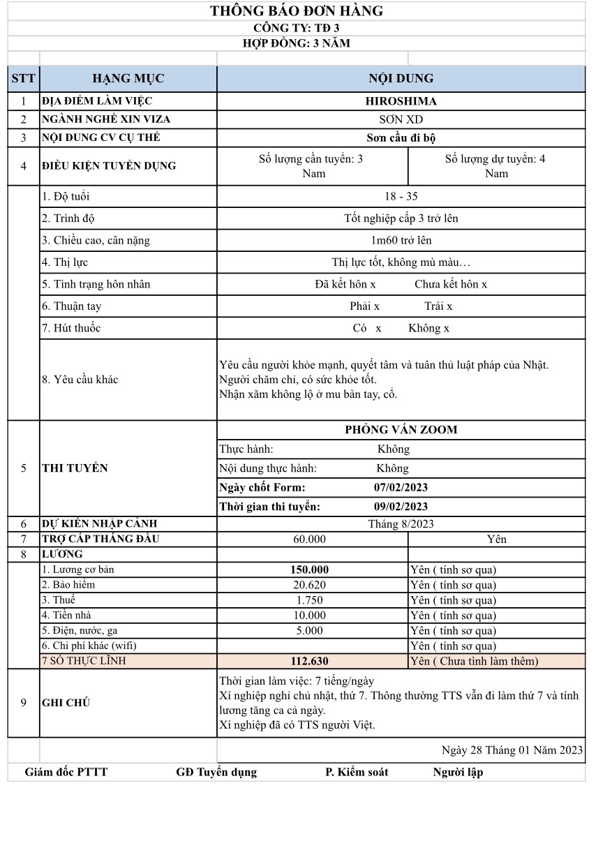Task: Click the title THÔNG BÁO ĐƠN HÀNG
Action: click(297, 11)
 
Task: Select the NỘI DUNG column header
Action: click(401, 78)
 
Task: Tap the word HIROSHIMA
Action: click(401, 100)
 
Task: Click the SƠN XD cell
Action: click(401, 119)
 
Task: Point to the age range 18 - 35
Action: click(401, 196)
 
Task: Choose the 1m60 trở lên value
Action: click(401, 240)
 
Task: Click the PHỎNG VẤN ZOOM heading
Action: click(401, 429)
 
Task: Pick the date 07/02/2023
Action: click(401, 487)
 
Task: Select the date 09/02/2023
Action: click(401, 506)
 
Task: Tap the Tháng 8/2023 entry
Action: click(401, 523)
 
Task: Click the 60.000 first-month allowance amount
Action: click(309, 539)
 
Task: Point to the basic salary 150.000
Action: click(309, 569)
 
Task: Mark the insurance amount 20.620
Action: click(309, 585)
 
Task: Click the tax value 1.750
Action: click(309, 600)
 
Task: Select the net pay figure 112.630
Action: click(309, 661)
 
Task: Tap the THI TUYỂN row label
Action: click(75, 468)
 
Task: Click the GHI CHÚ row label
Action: click(66, 703)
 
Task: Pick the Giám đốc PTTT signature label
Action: click(66, 772)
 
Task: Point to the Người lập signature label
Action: click(458, 772)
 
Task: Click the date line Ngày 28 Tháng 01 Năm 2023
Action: click(512, 750)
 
